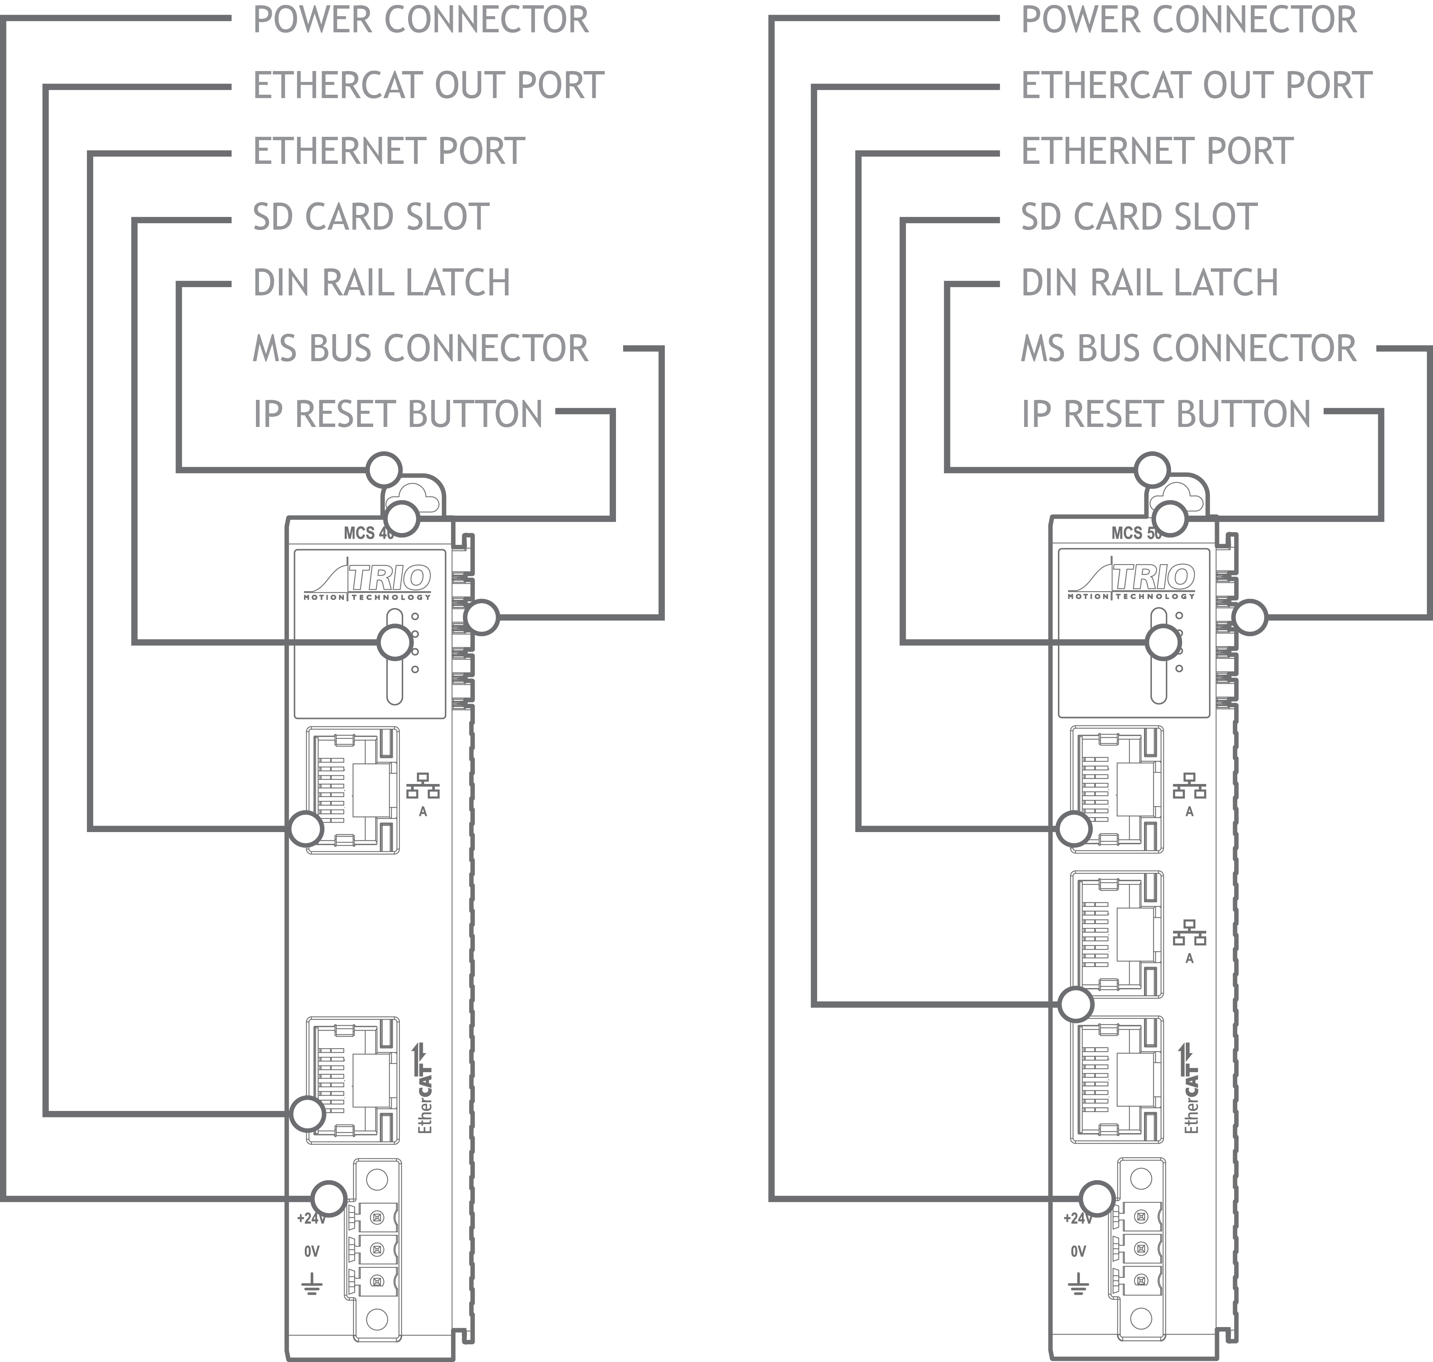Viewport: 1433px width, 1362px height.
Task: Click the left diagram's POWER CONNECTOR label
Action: pyautogui.click(x=420, y=20)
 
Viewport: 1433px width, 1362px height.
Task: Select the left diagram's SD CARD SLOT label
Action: pyautogui.click(x=371, y=217)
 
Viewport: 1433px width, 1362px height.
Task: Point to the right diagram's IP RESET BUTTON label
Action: pyautogui.click(x=1166, y=415)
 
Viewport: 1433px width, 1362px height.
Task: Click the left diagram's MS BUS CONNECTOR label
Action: pyautogui.click(x=420, y=348)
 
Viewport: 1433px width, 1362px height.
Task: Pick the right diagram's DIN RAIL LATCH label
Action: pyautogui.click(x=1149, y=283)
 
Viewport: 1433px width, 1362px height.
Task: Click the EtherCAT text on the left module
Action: pyautogui.click(x=426, y=1089)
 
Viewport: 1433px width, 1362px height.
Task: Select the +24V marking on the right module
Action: pyautogui.click(x=1078, y=1218)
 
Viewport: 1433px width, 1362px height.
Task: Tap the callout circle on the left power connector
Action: pyautogui.click(x=329, y=1198)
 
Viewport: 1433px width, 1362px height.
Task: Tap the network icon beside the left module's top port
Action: pyautogui.click(x=423, y=786)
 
